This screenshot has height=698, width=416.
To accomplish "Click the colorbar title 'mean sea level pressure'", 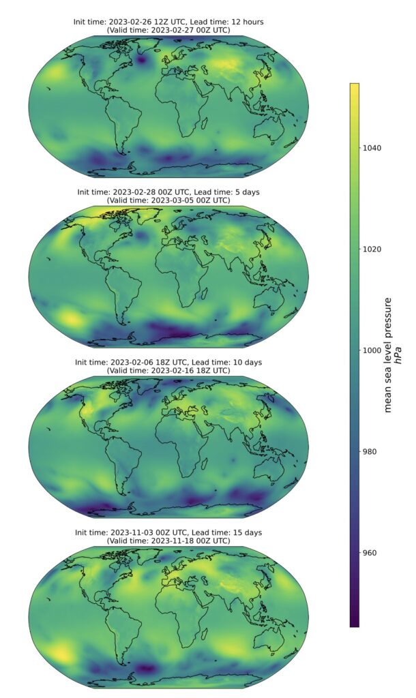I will tap(389, 354).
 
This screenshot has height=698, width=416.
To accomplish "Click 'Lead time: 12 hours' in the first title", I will tap(222, 22).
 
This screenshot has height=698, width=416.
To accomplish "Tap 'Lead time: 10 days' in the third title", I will tap(222, 362).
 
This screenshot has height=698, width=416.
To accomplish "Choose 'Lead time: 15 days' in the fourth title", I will tap(222, 532).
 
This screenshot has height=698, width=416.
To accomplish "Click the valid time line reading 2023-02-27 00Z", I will tap(168, 30).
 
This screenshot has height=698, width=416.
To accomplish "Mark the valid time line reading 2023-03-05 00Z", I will tap(168, 200).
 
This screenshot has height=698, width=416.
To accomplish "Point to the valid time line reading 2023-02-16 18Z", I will tap(168, 370).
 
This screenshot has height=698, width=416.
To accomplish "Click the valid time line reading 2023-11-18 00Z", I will tap(168, 540).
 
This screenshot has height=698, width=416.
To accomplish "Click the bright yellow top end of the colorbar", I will tap(355, 87).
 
